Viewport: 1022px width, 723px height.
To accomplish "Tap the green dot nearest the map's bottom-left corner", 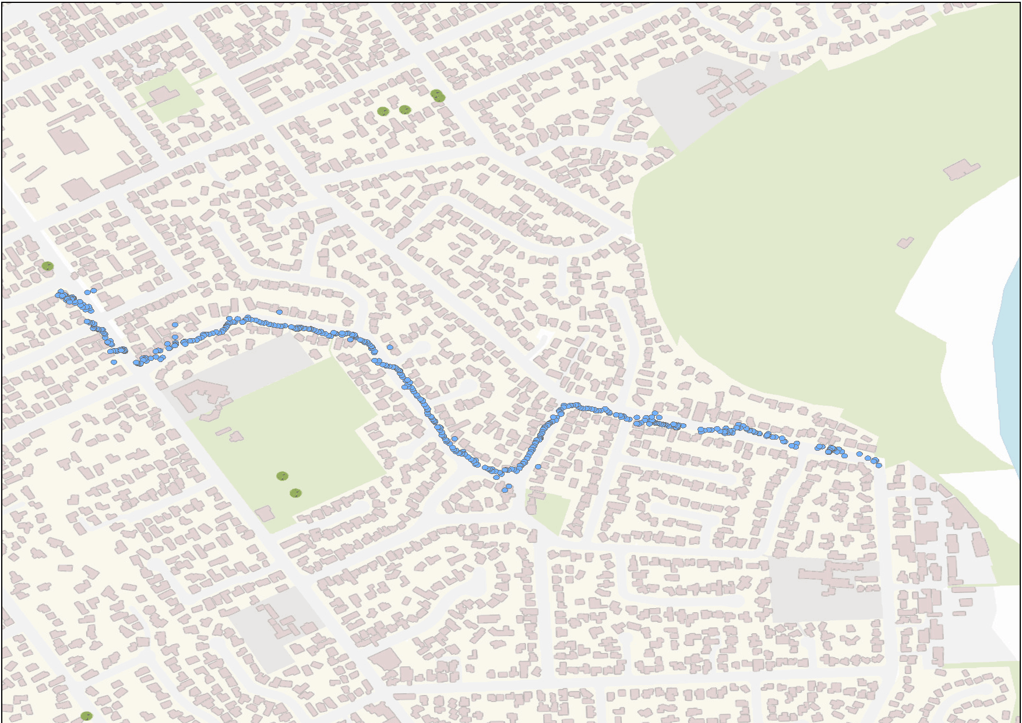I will pyautogui.click(x=86, y=715).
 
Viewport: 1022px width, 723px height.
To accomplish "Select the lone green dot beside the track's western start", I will pyautogui.click(x=48, y=266).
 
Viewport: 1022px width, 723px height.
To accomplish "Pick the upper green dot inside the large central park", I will pyautogui.click(x=282, y=476).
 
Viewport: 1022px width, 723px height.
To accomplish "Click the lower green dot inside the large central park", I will pyautogui.click(x=296, y=493).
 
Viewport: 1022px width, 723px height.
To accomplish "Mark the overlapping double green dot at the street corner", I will pyautogui.click(x=438, y=96).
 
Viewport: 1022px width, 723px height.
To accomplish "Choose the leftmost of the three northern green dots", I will pyautogui.click(x=383, y=111).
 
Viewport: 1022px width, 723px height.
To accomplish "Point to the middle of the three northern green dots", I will pyautogui.click(x=405, y=109).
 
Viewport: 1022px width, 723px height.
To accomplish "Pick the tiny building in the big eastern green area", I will pyautogui.click(x=905, y=242).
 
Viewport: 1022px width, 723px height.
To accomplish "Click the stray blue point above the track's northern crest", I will pyautogui.click(x=280, y=312).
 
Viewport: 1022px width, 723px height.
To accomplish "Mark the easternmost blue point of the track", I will pyautogui.click(x=879, y=465).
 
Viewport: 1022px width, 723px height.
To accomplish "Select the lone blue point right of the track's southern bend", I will pyautogui.click(x=538, y=466).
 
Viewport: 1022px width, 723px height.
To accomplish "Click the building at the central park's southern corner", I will pyautogui.click(x=265, y=513).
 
